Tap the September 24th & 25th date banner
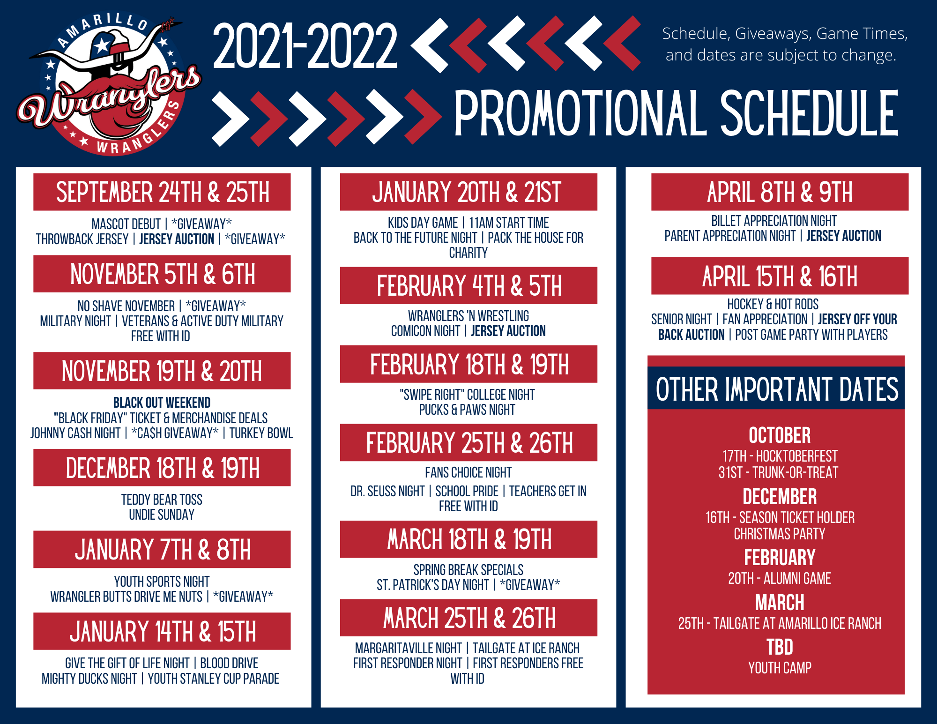coord(162,192)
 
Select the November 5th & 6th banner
coord(162,274)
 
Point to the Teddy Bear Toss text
coord(162,500)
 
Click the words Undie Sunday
coord(162,515)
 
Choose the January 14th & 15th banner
coord(162,631)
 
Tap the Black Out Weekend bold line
coord(162,403)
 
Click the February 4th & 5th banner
coord(468,286)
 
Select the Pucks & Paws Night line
coord(467,410)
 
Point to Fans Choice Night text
coord(468,472)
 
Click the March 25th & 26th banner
coord(468,618)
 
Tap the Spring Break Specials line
coord(468,570)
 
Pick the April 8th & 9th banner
coord(780,192)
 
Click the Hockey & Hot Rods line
coord(773,304)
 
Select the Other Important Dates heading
coord(777,389)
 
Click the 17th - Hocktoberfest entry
coord(780,456)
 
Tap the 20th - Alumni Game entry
coord(780,578)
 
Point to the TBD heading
coord(780,647)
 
